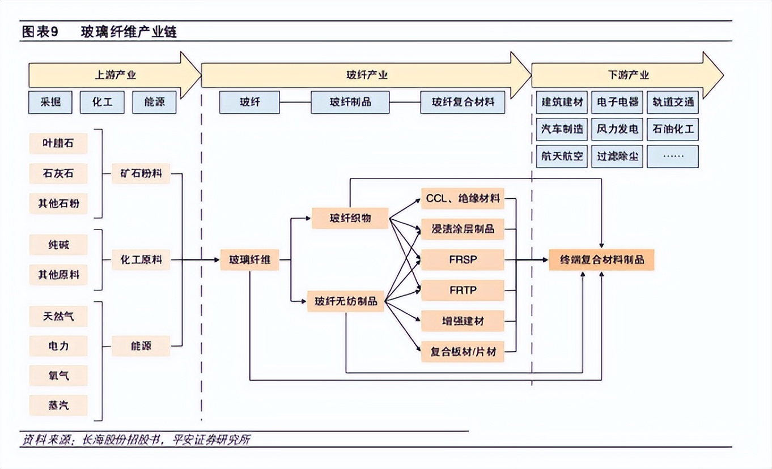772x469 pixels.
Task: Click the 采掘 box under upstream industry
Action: [x=51, y=103]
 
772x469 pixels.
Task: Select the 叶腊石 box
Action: [x=58, y=143]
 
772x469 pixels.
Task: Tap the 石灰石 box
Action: [x=58, y=173]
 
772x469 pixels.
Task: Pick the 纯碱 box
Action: [x=58, y=245]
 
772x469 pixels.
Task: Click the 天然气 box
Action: [x=58, y=316]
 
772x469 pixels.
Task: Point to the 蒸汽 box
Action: [x=58, y=404]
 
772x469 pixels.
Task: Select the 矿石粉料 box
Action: [x=141, y=173]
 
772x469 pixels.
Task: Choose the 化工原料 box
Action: [x=141, y=260]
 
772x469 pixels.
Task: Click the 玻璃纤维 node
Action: [x=249, y=260]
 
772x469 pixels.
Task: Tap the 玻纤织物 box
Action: [x=350, y=218]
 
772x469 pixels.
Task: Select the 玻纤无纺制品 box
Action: [x=346, y=301]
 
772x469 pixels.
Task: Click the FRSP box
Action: [x=463, y=260]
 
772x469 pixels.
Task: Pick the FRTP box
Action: [x=463, y=290]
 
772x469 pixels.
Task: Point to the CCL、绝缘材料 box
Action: [x=463, y=199]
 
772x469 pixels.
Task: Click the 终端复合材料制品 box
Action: [x=601, y=260]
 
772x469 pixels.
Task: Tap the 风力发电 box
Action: [x=617, y=129]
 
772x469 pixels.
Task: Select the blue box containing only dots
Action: [x=673, y=156]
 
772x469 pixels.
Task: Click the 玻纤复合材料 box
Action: [x=463, y=103]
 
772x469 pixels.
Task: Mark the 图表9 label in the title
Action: [x=40, y=32]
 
